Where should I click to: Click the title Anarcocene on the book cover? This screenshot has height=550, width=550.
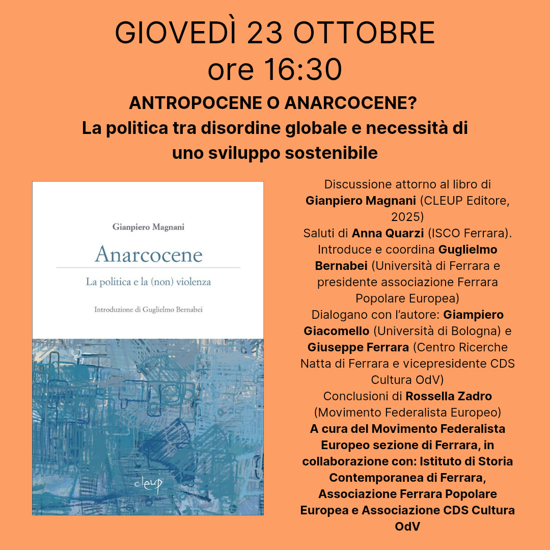tap(148, 254)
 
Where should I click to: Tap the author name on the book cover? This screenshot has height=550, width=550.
tap(148, 227)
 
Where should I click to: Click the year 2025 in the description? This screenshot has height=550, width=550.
tap(407, 217)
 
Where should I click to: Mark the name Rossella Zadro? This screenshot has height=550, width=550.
tap(449, 396)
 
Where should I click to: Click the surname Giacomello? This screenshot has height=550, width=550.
tap(337, 331)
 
